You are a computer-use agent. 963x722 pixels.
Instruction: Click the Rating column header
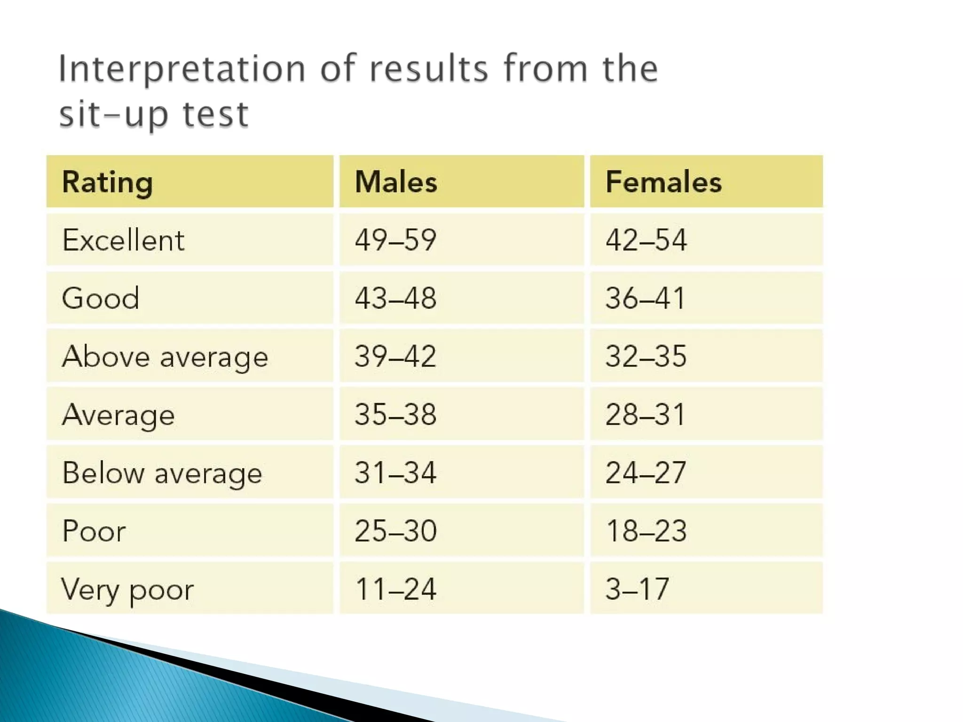(108, 182)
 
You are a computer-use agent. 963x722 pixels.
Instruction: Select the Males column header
(396, 182)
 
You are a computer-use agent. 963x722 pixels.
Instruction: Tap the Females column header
(663, 182)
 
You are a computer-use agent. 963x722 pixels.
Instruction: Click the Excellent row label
(123, 240)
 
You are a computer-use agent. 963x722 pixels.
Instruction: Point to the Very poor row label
(127, 589)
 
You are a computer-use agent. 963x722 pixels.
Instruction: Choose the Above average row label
(165, 357)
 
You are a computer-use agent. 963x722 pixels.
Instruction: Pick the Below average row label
(162, 473)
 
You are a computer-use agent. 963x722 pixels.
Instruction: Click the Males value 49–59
(395, 240)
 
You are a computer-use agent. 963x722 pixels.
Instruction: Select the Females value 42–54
(646, 240)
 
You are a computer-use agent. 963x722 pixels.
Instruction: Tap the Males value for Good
(395, 298)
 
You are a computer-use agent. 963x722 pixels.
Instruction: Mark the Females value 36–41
(645, 298)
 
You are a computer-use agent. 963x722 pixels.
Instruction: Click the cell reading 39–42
(395, 356)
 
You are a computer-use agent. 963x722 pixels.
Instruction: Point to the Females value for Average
(645, 415)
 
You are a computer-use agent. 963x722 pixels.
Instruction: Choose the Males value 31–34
(395, 473)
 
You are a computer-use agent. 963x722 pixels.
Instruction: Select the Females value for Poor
(646, 531)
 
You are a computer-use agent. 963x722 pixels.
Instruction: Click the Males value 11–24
(395, 589)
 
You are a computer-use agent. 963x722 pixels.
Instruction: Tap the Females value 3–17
(637, 589)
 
